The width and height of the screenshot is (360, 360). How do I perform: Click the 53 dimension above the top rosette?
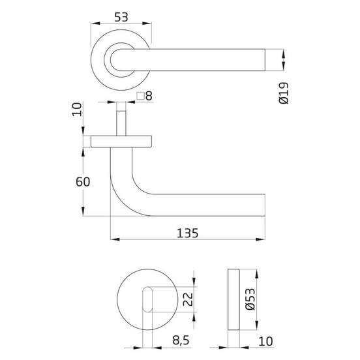click(121, 17)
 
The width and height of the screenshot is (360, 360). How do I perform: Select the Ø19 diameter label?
click(284, 93)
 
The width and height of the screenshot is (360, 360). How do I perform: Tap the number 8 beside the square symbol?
click(149, 96)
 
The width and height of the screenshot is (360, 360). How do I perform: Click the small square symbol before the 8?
click(140, 96)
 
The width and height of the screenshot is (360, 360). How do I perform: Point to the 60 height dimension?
click(83, 182)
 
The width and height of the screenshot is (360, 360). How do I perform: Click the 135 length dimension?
click(187, 233)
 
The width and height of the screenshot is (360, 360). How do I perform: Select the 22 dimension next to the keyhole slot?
click(188, 299)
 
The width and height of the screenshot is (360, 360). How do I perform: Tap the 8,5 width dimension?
click(181, 340)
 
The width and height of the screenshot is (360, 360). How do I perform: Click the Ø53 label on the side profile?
click(250, 299)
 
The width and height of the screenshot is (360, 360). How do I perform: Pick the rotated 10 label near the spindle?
click(77, 110)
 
